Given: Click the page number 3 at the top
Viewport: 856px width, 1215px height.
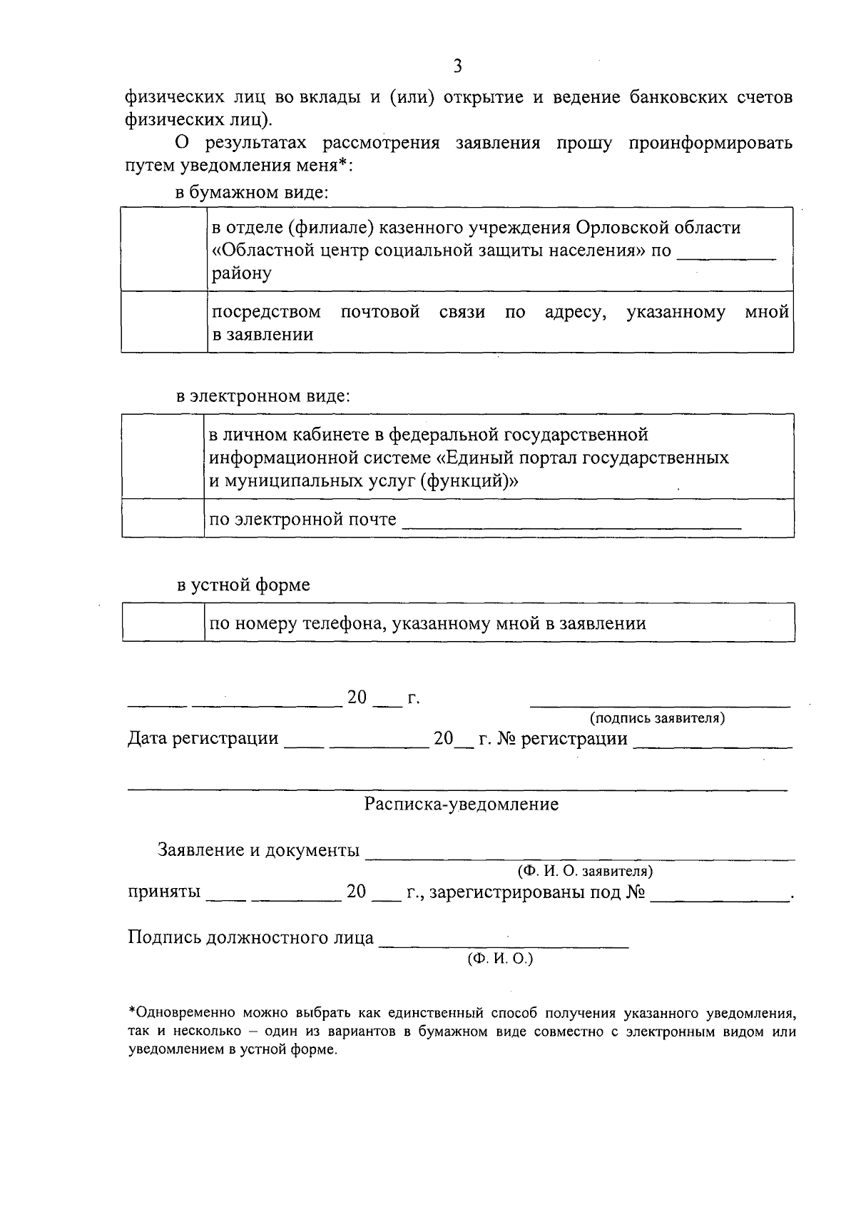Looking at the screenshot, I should (457, 67).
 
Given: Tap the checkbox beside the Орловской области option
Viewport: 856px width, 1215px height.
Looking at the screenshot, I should (164, 249).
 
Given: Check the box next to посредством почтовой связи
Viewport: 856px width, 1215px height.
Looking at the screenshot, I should (164, 321).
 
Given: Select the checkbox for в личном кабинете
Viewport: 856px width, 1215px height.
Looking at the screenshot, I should (163, 456).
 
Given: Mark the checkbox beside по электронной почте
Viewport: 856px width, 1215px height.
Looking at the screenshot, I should (163, 518).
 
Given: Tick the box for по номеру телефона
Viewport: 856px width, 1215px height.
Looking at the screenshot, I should (163, 622).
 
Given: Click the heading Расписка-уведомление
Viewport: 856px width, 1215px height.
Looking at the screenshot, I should (462, 805).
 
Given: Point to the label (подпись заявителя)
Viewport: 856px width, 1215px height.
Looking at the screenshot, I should (657, 717).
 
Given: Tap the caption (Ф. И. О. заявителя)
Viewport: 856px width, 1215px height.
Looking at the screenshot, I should (585, 871).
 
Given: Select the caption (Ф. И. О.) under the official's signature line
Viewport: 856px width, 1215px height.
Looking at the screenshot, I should (500, 959).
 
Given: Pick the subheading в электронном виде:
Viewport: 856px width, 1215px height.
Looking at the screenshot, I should (263, 396).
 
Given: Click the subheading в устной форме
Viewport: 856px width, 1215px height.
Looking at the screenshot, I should (243, 585).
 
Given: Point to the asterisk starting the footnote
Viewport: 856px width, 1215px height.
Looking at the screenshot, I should (131, 1011).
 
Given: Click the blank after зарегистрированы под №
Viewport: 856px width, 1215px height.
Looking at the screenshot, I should (720, 898).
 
